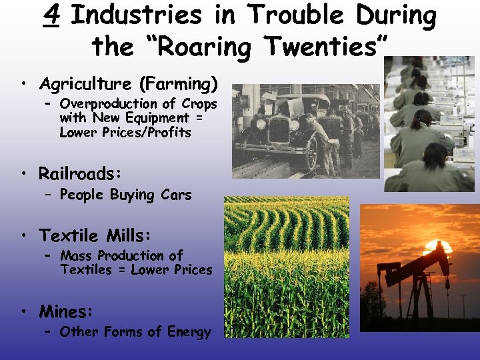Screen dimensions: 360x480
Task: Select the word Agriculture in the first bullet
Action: coord(85,85)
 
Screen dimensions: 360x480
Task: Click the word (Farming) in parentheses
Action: coord(178,85)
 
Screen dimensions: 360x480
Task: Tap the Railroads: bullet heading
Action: coord(81,174)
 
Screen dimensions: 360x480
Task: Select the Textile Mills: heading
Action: coord(95,235)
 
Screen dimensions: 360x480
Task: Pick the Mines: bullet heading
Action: coord(66,311)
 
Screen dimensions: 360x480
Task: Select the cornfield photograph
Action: coord(287,267)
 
